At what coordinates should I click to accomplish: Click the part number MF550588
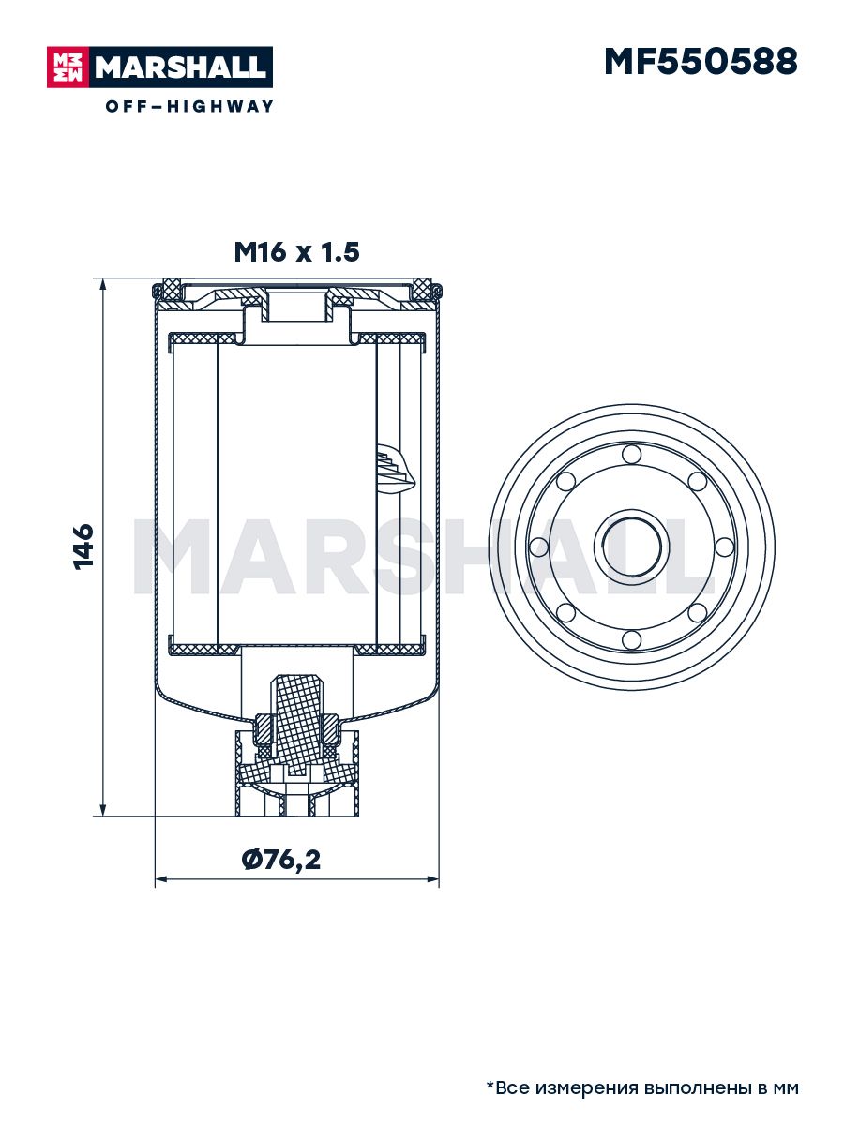[701, 62]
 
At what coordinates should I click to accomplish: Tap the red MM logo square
[68, 67]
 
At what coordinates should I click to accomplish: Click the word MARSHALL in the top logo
[181, 67]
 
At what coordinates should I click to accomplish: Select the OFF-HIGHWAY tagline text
[189, 106]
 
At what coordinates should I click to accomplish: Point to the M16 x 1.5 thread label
[296, 252]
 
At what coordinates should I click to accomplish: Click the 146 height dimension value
[83, 547]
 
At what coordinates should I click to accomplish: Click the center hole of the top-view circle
[631, 547]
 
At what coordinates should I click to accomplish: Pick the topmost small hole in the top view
[631, 454]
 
